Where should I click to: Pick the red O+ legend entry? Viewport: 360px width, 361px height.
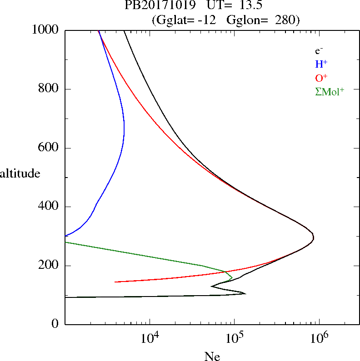pos(321,78)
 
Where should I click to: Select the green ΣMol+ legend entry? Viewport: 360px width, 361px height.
pos(330,91)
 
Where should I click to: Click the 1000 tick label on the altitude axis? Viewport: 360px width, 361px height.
pos(46,30)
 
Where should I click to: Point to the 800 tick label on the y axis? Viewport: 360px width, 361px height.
pos(50,89)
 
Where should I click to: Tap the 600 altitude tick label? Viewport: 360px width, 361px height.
pos(50,148)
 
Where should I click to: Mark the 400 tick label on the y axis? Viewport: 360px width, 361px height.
pos(50,207)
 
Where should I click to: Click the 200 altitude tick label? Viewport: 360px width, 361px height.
pos(50,266)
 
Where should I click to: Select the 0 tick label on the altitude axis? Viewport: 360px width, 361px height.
pos(55,324)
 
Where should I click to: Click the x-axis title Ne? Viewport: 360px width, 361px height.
pos(212,356)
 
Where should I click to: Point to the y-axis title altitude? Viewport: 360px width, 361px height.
pos(20,173)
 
